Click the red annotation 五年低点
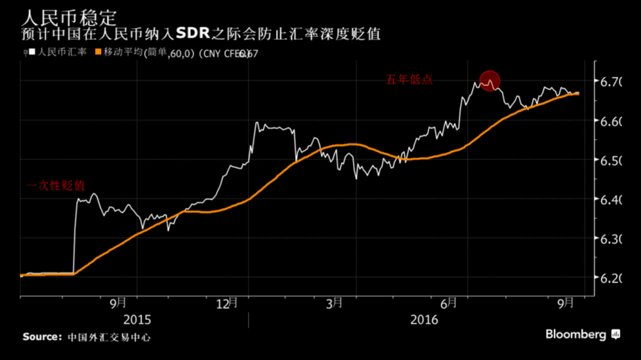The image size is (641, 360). pyautogui.click(x=409, y=80)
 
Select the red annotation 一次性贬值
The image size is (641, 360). pyautogui.click(x=56, y=186)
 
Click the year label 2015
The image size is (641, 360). pyautogui.click(x=137, y=320)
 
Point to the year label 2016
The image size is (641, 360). pyautogui.click(x=424, y=320)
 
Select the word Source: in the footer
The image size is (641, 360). pyautogui.click(x=42, y=337)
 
